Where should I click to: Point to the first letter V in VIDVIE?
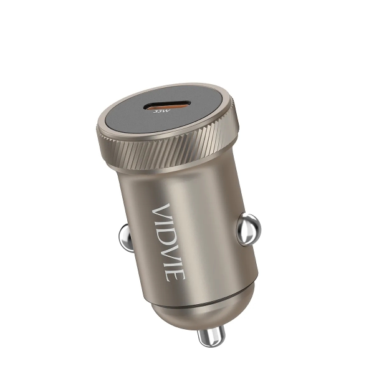pyautogui.click(x=163, y=211)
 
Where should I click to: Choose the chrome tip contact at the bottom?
pyautogui.click(x=209, y=338)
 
